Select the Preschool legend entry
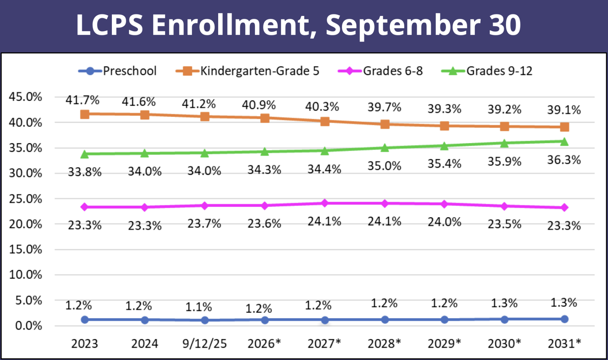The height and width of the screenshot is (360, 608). point(118,71)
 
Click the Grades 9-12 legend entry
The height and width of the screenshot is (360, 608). point(487,71)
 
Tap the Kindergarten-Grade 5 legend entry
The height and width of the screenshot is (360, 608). point(248,71)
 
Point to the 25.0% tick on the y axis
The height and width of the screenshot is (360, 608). point(25,199)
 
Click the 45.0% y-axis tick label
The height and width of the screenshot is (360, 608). point(25,97)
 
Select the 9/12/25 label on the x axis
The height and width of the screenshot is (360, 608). point(204,343)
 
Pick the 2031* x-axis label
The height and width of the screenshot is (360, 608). point(564,343)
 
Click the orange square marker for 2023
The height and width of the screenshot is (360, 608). point(85,114)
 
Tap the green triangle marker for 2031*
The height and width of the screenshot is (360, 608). point(564,142)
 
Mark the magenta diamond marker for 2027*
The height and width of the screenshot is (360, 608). point(324,203)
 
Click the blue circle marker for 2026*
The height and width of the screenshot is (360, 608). point(265,320)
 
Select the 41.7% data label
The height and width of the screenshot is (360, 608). point(82,100)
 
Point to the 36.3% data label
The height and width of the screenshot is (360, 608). point(564,160)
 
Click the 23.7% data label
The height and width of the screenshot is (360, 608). point(204,224)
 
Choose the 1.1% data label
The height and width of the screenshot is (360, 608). point(198,307)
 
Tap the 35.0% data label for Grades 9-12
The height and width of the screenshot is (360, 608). point(384,166)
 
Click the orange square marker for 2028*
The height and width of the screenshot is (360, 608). point(385,124)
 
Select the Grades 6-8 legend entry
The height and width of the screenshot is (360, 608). point(380,71)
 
